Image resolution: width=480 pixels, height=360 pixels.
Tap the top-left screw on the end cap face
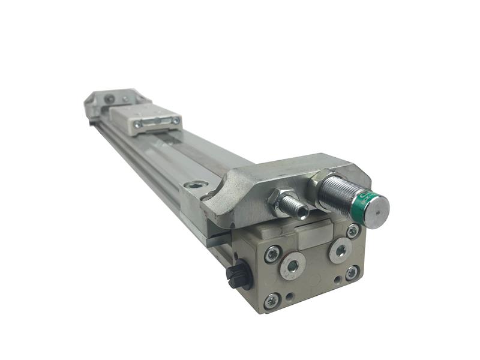point(272,254)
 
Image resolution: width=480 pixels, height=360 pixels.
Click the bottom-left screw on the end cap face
point(273,300)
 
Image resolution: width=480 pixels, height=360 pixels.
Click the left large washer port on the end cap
point(293,266)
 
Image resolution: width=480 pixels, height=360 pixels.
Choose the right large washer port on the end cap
point(340,250)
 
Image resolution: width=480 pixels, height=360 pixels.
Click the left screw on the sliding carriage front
point(138,125)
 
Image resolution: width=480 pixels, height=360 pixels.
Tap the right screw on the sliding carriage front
point(176,121)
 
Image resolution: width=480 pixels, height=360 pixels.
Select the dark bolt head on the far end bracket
point(109,99)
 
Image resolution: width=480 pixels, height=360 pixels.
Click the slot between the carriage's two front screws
point(157,122)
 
